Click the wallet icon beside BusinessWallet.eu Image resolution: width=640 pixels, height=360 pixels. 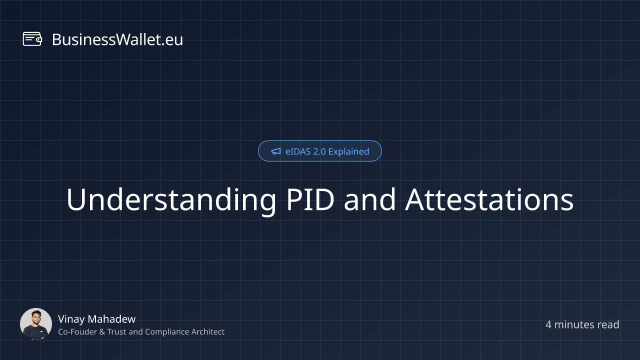[32, 39]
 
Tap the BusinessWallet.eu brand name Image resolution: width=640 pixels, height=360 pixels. [117, 39]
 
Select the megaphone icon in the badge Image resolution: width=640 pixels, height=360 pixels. [276, 151]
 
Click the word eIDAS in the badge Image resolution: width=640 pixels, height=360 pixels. [298, 151]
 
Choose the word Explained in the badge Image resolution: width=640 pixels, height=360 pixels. [349, 151]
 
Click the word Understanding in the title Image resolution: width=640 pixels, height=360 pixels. [171, 200]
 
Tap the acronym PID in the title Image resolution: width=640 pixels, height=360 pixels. [310, 199]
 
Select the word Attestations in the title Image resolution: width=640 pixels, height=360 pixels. [489, 199]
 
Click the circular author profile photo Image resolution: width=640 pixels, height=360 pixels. [36, 324]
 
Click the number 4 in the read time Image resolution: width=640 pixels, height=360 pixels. [548, 325]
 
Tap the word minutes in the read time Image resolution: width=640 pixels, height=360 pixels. [574, 325]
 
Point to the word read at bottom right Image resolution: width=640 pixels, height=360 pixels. [608, 325]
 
